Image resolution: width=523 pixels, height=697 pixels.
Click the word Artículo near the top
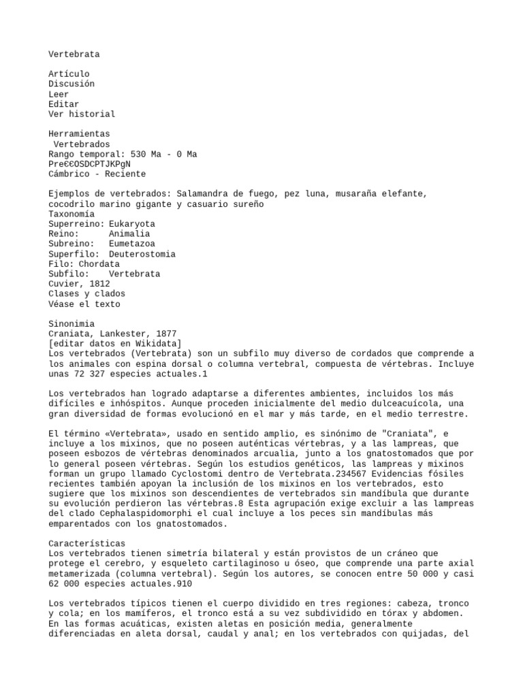pyautogui.click(x=69, y=74)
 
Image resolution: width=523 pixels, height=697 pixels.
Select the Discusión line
pyautogui.click(x=72, y=84)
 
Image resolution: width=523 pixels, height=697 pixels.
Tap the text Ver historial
pyautogui.click(x=82, y=114)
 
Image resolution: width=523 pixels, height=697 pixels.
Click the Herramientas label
pyautogui.click(x=79, y=134)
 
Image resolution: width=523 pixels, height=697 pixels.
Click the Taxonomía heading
pyautogui.click(x=72, y=214)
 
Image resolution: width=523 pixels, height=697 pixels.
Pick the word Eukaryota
pyautogui.click(x=131, y=224)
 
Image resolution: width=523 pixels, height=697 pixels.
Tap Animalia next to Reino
pyautogui.click(x=129, y=234)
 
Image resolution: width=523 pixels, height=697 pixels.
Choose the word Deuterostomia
pyautogui.click(x=142, y=254)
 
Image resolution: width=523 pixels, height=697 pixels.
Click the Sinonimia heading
pyautogui.click(x=72, y=324)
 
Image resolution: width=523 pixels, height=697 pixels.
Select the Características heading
pyautogui.click(x=86, y=544)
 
